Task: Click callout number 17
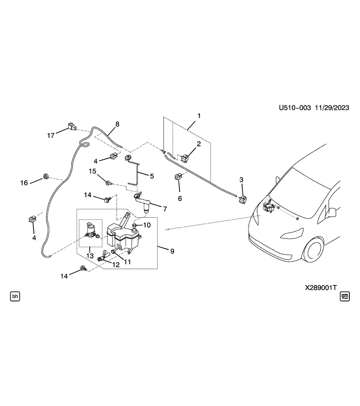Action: (x=51, y=136)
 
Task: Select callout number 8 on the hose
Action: (x=117, y=124)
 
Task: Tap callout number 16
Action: (x=24, y=183)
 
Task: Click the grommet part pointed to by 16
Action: (x=46, y=176)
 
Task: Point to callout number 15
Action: (x=93, y=171)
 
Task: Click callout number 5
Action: (x=151, y=175)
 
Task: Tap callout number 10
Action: (x=146, y=225)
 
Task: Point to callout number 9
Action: (x=172, y=251)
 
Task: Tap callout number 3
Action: (x=242, y=180)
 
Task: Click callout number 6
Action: (x=180, y=198)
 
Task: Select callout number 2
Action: (x=198, y=143)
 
